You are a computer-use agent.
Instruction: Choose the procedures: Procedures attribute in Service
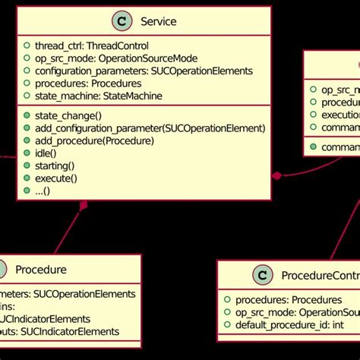pyautogui.click(x=88, y=84)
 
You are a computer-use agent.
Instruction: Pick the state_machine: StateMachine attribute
pyautogui.click(x=99, y=96)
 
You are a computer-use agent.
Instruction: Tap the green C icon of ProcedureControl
pyautogui.click(x=261, y=274)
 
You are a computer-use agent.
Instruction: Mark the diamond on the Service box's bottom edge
pyautogui.click(x=84, y=183)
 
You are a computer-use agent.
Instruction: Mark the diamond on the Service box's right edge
pyautogui.click(x=276, y=154)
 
